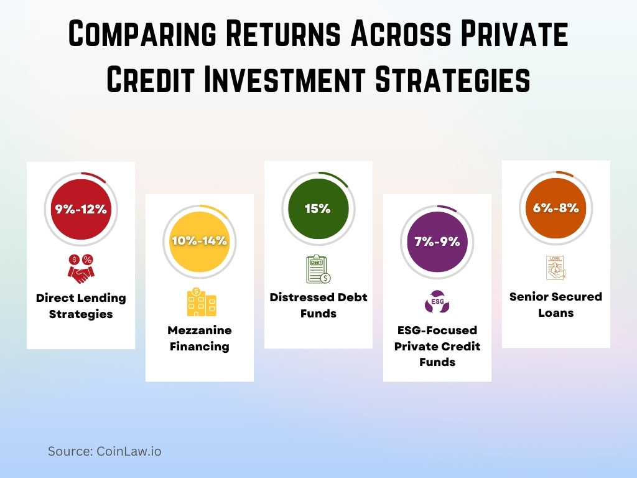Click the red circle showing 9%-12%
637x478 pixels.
81,209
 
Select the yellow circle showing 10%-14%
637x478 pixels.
200,241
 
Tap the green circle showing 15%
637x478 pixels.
318,209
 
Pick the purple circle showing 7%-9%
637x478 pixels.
437,241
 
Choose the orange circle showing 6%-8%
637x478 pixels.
556,209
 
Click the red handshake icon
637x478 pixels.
81,268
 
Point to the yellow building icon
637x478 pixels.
200,301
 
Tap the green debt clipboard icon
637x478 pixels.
318,269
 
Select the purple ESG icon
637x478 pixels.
437,302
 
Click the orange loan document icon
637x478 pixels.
556,268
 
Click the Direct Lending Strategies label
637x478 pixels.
81,306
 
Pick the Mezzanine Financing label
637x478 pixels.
200,338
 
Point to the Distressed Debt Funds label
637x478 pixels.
318,305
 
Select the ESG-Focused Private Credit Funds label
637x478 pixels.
437,346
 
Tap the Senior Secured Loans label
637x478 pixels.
556,304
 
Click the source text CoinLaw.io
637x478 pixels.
105,451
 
